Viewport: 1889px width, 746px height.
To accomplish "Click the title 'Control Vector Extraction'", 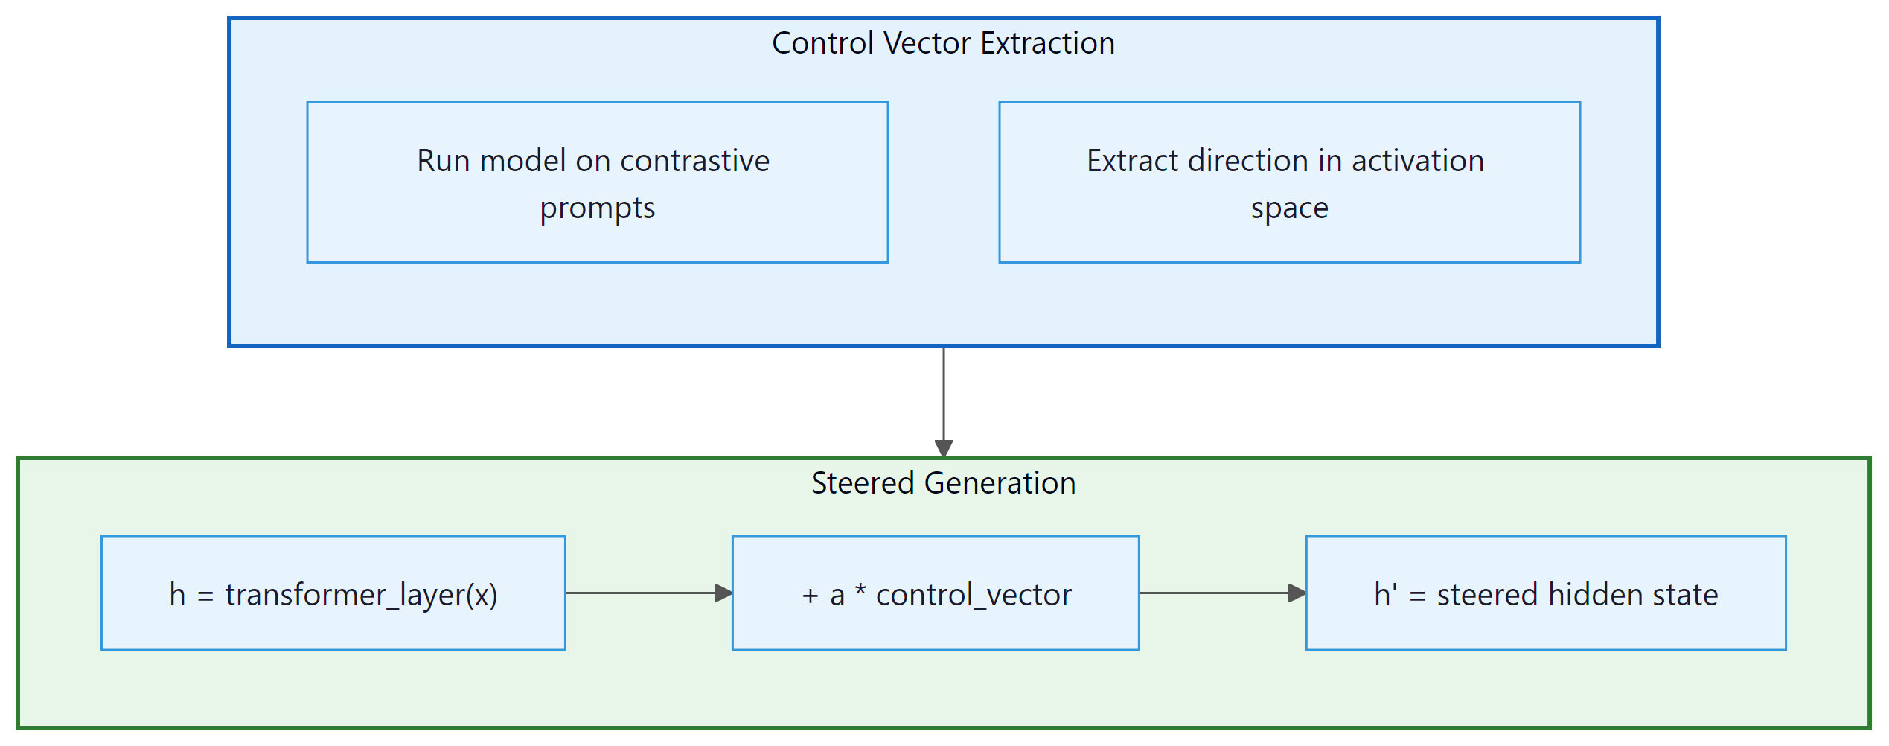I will [943, 43].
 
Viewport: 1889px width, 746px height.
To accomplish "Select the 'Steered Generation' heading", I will [943, 483].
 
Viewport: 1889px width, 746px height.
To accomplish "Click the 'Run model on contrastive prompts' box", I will [597, 182].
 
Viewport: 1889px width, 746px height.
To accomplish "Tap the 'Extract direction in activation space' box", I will [1288, 182].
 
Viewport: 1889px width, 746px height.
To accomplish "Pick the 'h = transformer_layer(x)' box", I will [333, 593].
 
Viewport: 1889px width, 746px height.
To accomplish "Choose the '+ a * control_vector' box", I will [935, 593].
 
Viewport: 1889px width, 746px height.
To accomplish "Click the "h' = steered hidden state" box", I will [1545, 593].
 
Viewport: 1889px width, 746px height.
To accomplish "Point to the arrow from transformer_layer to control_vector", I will [648, 593].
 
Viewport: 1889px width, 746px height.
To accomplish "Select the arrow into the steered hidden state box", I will [1221, 593].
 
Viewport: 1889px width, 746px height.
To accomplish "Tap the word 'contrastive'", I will [694, 161].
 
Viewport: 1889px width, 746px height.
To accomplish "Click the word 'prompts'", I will [597, 208].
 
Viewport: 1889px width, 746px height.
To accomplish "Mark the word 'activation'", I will [1417, 161].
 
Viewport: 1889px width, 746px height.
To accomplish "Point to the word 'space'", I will [1289, 208].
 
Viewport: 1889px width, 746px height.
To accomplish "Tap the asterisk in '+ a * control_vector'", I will [860, 592].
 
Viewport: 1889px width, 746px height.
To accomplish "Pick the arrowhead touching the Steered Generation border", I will [943, 449].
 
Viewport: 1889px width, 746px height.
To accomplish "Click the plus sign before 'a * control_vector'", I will [811, 596].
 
